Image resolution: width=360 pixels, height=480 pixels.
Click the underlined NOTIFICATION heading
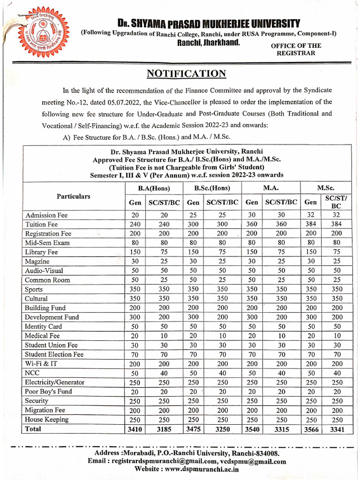187,74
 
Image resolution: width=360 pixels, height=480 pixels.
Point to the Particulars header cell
74,196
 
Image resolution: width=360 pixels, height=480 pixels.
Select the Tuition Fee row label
41,225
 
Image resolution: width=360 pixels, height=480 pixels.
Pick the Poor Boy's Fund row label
48,391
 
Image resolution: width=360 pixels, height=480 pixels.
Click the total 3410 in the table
135,429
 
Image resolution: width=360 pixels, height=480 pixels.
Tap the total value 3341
336,429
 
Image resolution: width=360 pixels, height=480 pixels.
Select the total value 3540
252,429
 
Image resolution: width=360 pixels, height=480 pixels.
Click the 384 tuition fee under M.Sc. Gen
310,225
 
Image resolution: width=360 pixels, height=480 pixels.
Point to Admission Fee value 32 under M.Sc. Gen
310,215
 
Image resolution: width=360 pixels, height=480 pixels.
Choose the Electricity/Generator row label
54,382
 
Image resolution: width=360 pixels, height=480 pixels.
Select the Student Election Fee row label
54,354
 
